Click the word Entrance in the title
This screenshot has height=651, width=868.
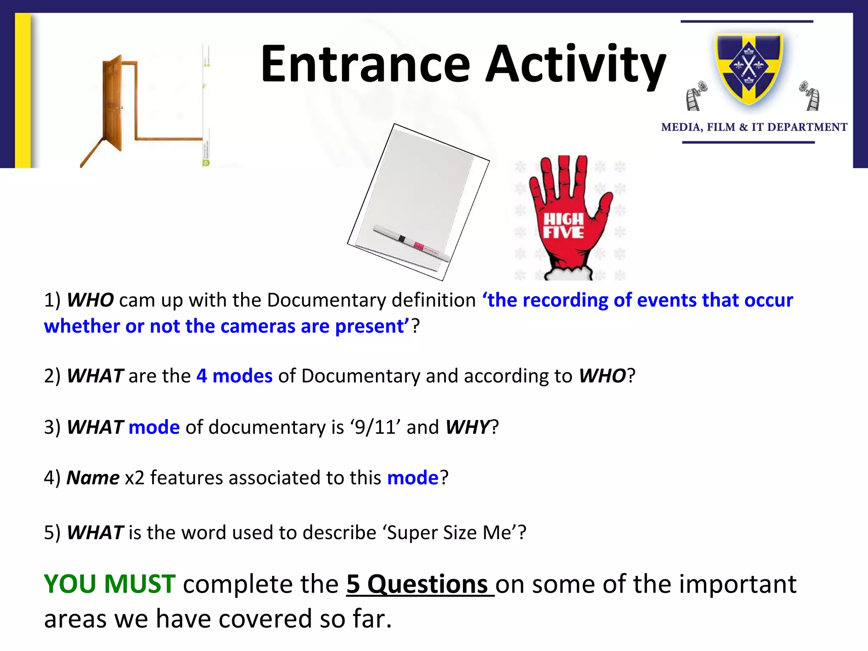click(365, 64)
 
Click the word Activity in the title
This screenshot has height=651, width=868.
click(576, 64)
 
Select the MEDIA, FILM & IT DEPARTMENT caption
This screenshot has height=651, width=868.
click(754, 127)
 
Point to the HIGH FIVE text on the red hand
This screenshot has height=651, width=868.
click(563, 225)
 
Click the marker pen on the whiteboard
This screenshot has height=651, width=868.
click(411, 244)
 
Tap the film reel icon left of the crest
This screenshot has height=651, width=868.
click(696, 96)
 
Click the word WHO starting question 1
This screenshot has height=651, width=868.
click(90, 300)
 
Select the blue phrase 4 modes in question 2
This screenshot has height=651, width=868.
click(234, 376)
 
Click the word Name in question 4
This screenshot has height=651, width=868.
click(93, 478)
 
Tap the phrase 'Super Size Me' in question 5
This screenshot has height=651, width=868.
click(452, 532)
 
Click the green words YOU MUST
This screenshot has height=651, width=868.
click(110, 584)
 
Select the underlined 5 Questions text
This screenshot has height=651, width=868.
click(420, 584)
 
